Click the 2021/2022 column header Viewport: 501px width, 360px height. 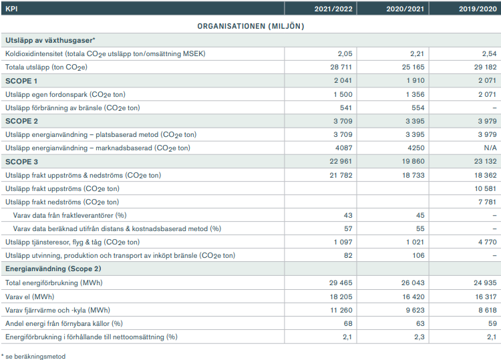(x=333, y=9)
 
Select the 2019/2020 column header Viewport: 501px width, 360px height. (x=478, y=9)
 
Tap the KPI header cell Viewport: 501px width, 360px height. (x=11, y=9)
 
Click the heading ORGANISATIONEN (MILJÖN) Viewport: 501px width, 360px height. (x=251, y=26)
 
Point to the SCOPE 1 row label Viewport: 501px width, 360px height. (x=21, y=81)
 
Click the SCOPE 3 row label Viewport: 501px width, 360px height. (x=22, y=162)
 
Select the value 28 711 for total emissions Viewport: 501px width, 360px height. (x=341, y=67)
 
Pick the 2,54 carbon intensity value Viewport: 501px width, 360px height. (x=489, y=53)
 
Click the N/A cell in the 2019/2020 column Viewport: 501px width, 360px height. (x=490, y=148)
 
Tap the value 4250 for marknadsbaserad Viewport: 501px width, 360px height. (x=415, y=148)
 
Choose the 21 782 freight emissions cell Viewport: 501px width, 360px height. (x=341, y=176)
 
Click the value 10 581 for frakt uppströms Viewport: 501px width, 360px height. (x=486, y=189)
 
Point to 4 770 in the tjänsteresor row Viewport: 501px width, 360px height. (x=487, y=242)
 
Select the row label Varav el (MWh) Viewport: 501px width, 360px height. (x=29, y=297)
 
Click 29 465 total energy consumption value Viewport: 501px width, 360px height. (x=341, y=283)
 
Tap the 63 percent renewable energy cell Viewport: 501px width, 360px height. (x=420, y=323)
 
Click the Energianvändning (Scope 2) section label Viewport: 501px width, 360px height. (x=53, y=269)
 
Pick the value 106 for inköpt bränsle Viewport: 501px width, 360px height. (x=418, y=256)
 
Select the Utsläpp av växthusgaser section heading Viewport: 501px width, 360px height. (x=51, y=40)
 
